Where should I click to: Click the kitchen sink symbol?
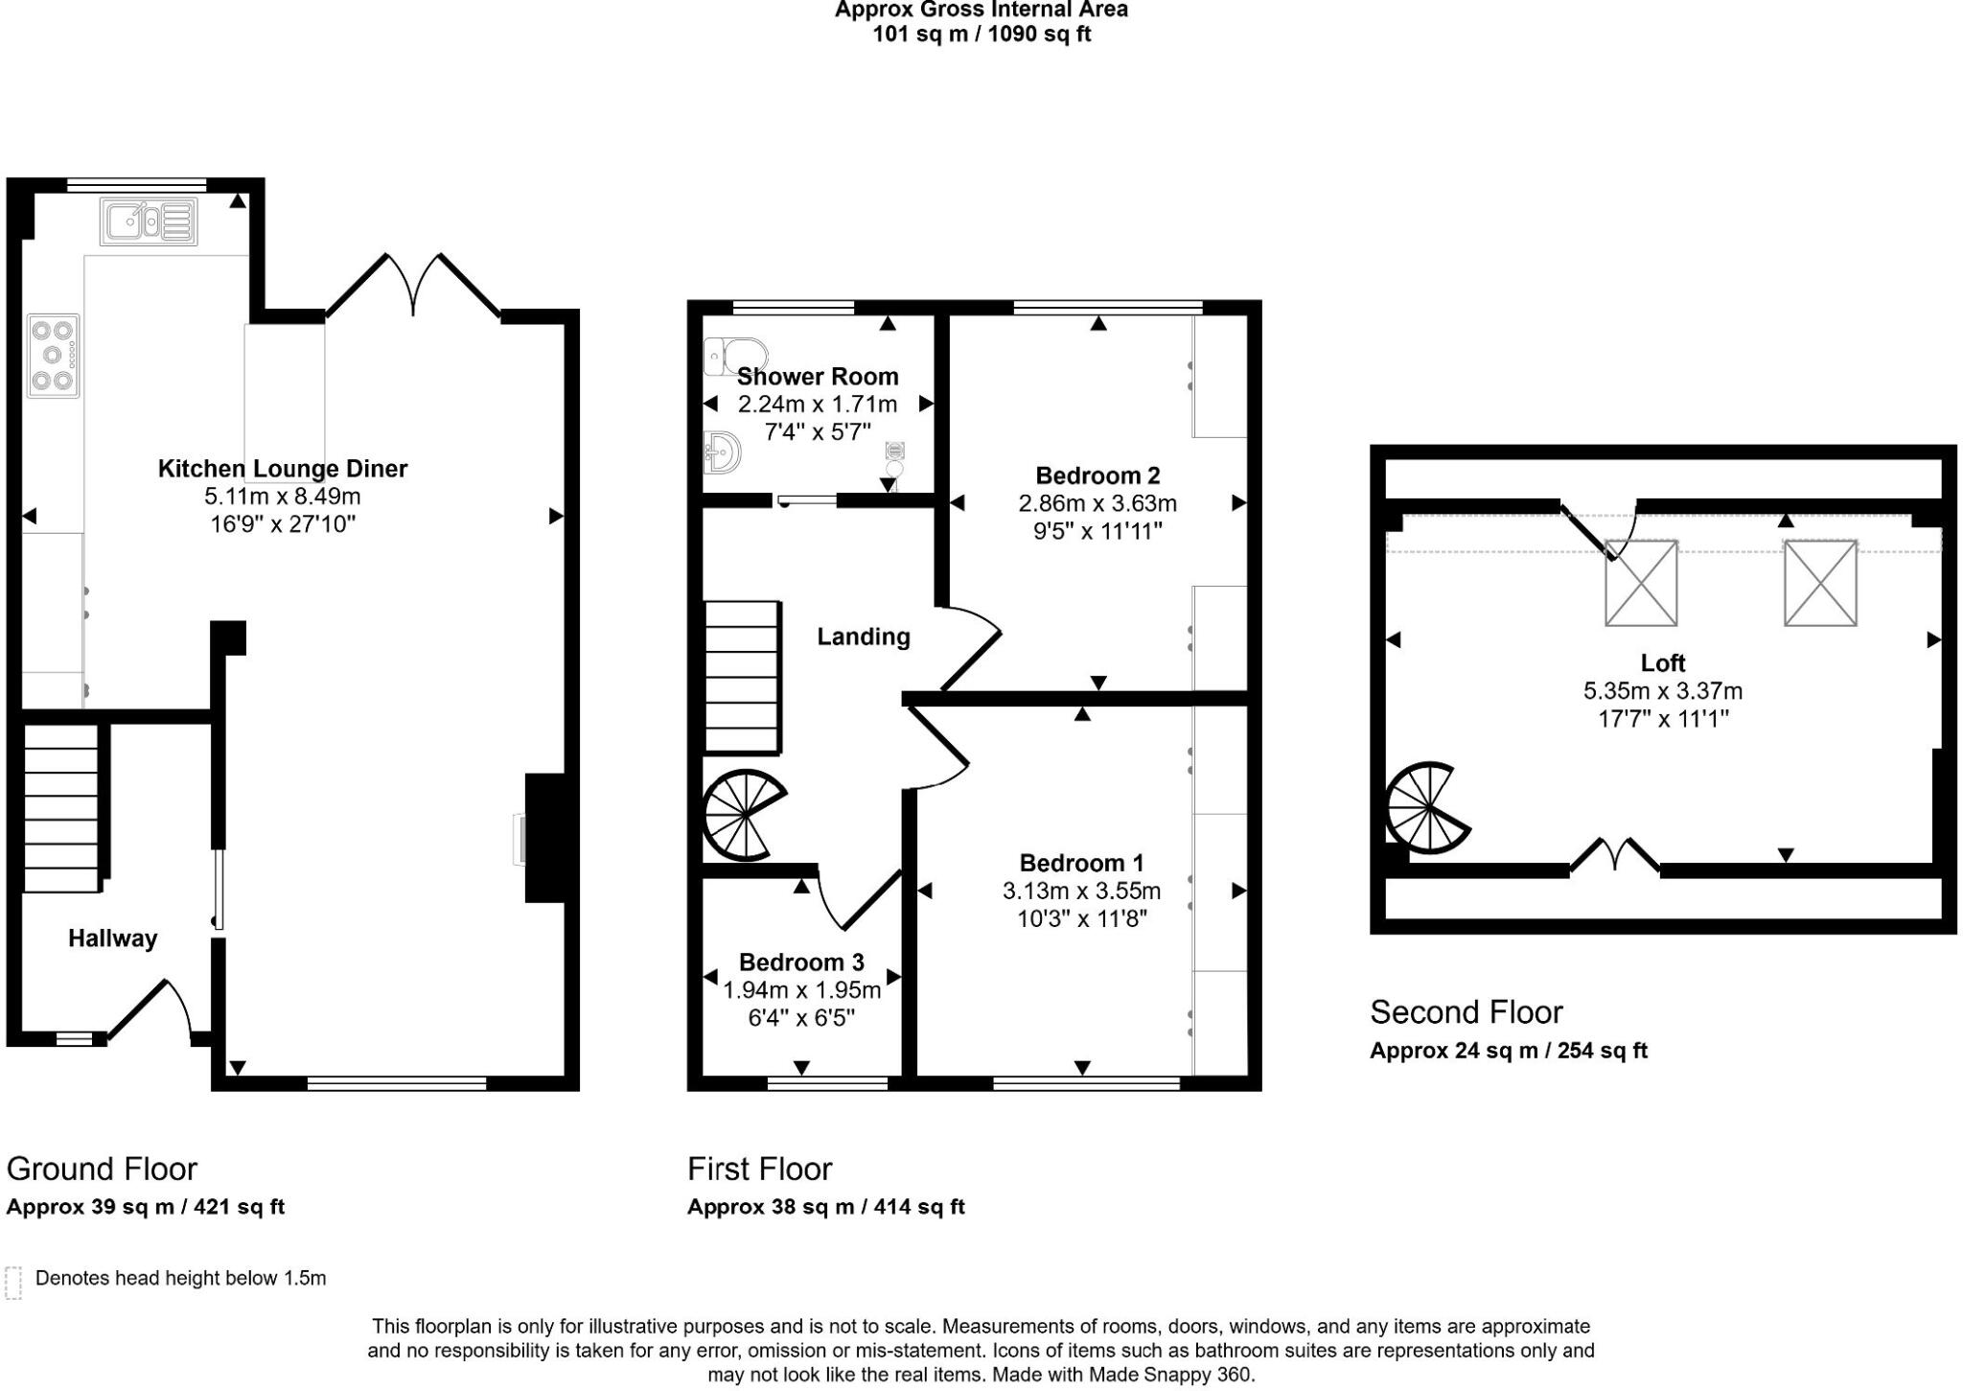[x=149, y=221]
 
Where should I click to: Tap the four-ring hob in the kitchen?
[x=53, y=357]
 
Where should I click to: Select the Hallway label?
[x=112, y=939]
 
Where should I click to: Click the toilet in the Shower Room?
[x=733, y=355]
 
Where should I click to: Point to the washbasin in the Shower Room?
[x=721, y=452]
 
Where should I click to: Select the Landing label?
[x=863, y=637]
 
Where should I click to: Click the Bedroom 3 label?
[x=801, y=962]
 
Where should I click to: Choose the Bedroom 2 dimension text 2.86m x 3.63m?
[x=1097, y=503]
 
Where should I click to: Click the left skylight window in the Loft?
[x=1640, y=583]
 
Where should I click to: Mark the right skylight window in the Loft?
[x=1819, y=583]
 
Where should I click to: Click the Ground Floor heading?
[x=102, y=1169]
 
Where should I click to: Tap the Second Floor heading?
[x=1466, y=1011]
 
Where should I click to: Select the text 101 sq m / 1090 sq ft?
[x=981, y=35]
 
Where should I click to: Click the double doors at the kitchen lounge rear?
[x=414, y=285]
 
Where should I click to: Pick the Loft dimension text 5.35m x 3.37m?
[x=1662, y=690]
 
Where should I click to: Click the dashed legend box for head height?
[x=13, y=1282]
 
